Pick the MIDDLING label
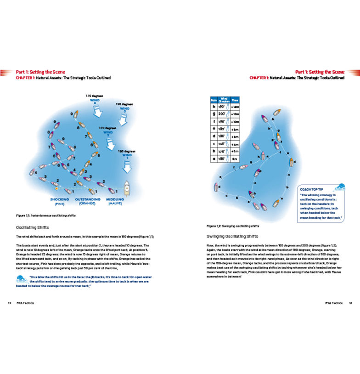[115, 199]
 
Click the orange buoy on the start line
[56, 188]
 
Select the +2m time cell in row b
[235, 151]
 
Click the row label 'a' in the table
[213, 159]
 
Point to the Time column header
[235, 99]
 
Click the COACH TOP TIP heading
[311, 189]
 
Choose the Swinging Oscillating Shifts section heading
[233, 237]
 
